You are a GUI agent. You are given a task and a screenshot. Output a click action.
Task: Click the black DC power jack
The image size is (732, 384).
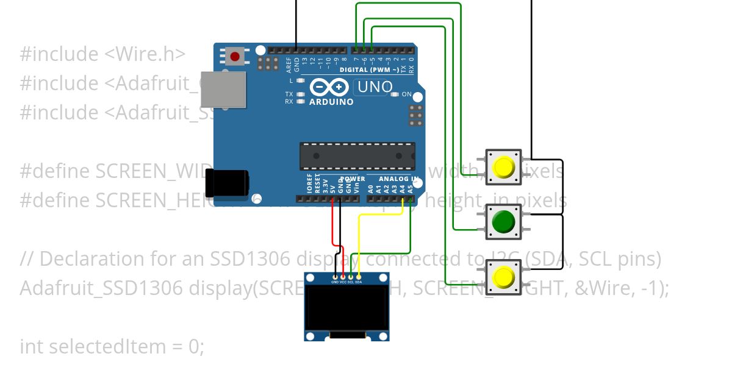[x=226, y=183]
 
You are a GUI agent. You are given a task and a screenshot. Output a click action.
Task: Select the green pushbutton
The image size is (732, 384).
[x=503, y=222]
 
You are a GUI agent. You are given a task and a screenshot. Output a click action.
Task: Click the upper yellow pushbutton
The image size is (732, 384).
[x=504, y=167]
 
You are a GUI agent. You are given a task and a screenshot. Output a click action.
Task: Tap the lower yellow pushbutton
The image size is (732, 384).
[x=504, y=277]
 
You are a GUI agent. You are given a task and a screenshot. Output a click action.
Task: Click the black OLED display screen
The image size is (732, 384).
[x=347, y=307]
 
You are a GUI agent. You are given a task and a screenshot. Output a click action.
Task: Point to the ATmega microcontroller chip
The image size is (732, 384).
[x=357, y=156]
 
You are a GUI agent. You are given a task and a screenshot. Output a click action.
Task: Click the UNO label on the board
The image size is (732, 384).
[x=375, y=87]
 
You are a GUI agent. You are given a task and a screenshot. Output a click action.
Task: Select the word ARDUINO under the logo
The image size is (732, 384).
[x=331, y=102]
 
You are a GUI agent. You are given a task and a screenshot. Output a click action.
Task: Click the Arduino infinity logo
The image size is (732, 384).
[x=329, y=88]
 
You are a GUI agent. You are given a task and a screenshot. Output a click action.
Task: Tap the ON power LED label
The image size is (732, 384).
[x=407, y=94]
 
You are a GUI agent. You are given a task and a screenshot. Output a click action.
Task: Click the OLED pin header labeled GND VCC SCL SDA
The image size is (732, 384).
[x=346, y=280]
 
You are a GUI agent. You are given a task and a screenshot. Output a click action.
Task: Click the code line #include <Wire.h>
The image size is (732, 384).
[x=102, y=54]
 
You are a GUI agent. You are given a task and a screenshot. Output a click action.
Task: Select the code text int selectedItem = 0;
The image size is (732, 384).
[x=112, y=347]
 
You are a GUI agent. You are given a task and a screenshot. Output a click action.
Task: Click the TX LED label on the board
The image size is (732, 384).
[x=289, y=94]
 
